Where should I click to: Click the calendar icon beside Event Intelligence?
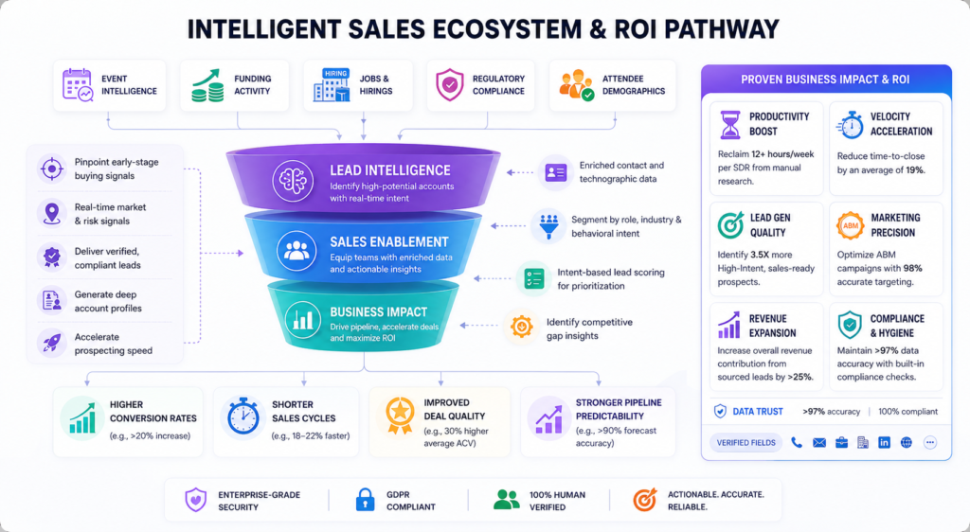coord(78,85)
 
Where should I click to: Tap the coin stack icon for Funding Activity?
coord(207,85)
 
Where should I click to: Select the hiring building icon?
coord(332,85)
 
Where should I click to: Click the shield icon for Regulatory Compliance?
coord(450,85)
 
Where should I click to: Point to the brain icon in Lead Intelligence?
coord(293,181)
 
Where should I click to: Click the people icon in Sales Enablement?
coord(296,251)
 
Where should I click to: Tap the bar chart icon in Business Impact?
coord(303,319)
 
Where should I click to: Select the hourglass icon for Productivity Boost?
coord(730,125)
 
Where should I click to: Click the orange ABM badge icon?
coord(851,225)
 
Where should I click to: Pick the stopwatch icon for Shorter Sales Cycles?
coord(242,417)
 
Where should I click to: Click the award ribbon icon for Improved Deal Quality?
coord(400,416)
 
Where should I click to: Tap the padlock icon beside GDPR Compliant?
coord(365,500)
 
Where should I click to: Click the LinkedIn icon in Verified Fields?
coord(884,442)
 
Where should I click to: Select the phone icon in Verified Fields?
coord(797,442)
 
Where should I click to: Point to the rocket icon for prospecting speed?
coord(51,343)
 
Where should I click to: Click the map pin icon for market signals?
coord(51,213)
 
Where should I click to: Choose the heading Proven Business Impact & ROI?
coord(825,80)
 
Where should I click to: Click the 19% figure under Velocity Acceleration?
coord(914,170)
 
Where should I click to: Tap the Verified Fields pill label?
coord(746,442)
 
